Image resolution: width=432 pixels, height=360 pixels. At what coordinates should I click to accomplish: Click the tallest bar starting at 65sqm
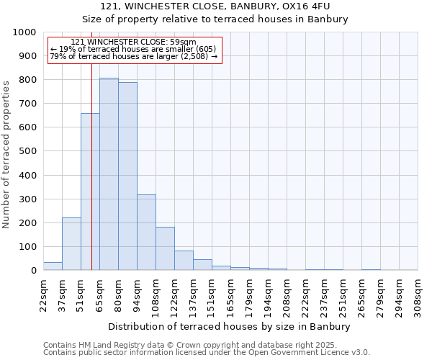click(x=109, y=174)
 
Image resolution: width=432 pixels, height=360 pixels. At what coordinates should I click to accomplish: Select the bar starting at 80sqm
click(x=127, y=176)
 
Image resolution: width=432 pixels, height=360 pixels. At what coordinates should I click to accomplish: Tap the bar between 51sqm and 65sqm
click(x=90, y=192)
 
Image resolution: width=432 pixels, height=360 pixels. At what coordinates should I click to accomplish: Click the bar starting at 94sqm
click(x=146, y=233)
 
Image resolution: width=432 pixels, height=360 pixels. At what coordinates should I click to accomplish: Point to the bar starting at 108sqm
click(x=165, y=248)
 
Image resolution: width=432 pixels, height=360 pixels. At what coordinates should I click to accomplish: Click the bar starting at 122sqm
click(x=184, y=261)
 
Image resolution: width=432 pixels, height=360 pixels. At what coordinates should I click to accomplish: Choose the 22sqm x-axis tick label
click(x=44, y=294)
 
